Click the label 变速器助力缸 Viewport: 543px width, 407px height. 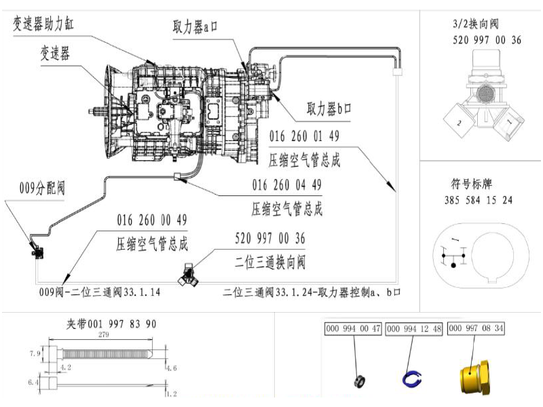tap(43, 24)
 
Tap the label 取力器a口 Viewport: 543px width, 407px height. tap(195, 26)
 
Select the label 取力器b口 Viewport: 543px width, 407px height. tap(329, 109)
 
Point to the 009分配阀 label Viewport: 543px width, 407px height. tap(42, 189)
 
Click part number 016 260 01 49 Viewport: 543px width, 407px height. tap(304, 136)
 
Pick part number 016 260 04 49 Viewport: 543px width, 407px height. tap(286, 185)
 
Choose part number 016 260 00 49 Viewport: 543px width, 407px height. tap(152, 220)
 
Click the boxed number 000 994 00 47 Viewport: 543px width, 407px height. tap(353, 328)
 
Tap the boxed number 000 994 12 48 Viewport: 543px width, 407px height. tap(414, 328)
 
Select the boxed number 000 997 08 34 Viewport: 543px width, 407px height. tap(476, 328)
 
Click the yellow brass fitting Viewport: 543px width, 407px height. tap(475, 377)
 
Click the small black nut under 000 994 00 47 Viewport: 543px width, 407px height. tap(360, 381)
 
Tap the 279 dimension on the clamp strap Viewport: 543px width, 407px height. tap(104, 334)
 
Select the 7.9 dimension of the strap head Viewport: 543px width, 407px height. tap(35, 353)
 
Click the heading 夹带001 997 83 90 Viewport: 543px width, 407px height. tap(111, 324)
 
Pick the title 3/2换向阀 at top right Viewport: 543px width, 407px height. tap(476, 24)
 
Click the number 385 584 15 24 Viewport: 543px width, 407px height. tap(479, 200)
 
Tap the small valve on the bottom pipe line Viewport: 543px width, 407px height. tap(188, 275)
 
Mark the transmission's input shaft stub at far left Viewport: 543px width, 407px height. tap(96, 111)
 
